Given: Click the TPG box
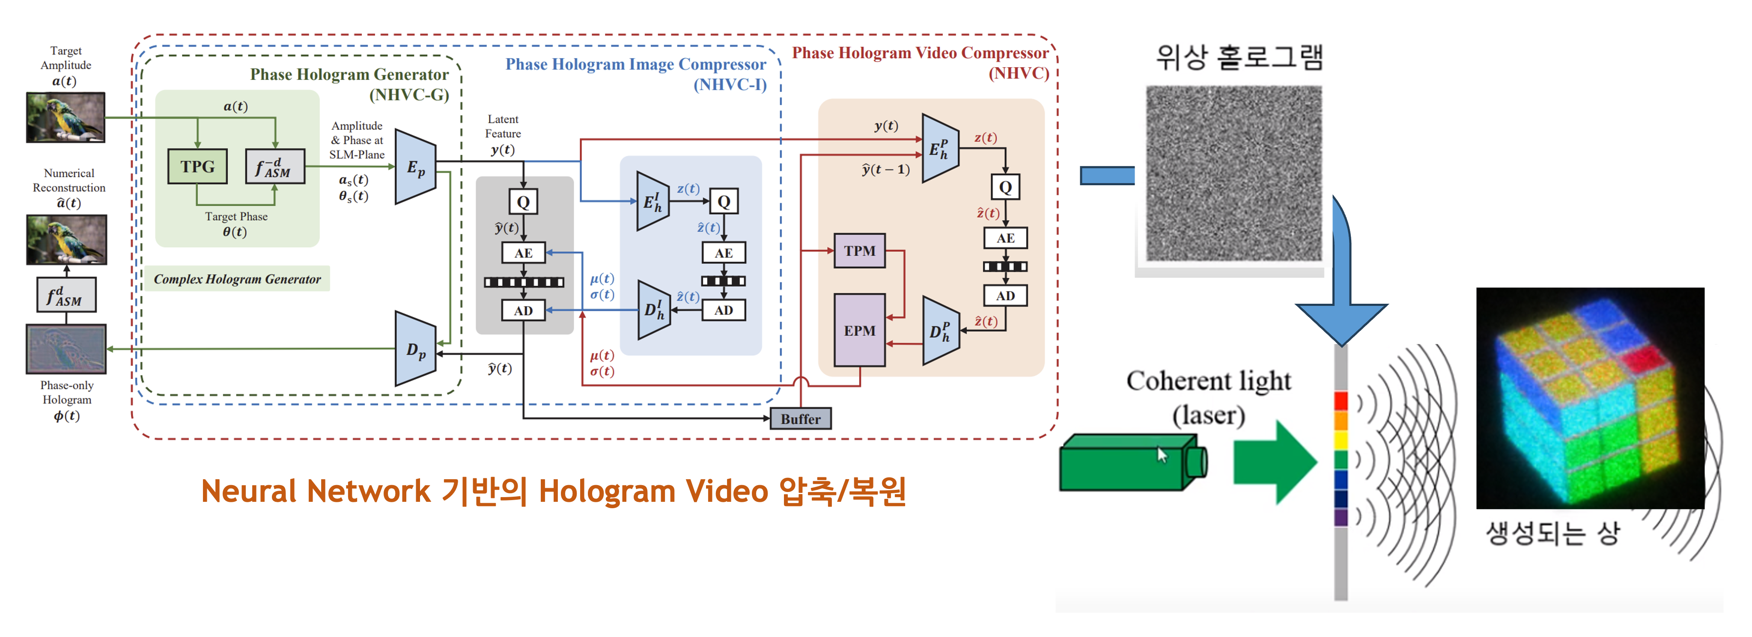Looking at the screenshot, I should (197, 166).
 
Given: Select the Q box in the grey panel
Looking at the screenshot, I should (523, 202).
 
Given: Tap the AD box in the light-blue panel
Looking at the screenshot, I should (723, 310).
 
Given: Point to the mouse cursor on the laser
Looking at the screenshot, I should (1162, 455).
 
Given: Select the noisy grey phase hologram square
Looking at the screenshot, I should (1233, 173).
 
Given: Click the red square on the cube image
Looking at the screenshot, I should (1640, 358).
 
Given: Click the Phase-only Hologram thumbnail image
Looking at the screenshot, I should (66, 349).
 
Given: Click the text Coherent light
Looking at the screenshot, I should (1208, 381).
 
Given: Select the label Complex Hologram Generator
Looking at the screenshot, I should (237, 279).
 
